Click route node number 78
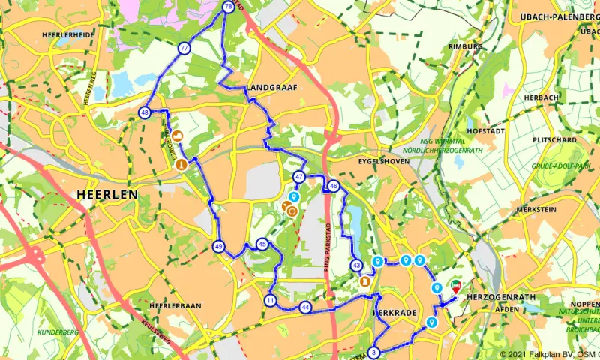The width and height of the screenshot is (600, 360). pyautogui.click(x=228, y=7)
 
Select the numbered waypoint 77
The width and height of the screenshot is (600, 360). pyautogui.click(x=184, y=48)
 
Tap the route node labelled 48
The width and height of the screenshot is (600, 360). pyautogui.click(x=144, y=113)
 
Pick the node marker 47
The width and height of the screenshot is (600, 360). pyautogui.click(x=299, y=178)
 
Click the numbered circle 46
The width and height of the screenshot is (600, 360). pyautogui.click(x=334, y=186)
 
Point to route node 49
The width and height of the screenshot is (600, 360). pyautogui.click(x=218, y=246)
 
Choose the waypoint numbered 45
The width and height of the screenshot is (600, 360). pyautogui.click(x=262, y=244)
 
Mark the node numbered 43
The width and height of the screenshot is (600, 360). pyautogui.click(x=356, y=265)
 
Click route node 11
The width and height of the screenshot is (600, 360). pyautogui.click(x=270, y=301)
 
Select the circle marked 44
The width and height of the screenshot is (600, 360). pyautogui.click(x=305, y=307)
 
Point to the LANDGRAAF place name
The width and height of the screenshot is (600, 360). pyautogui.click(x=271, y=88)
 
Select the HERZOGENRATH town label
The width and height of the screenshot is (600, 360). pyautogui.click(x=499, y=297)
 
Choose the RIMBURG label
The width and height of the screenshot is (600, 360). pyautogui.click(x=465, y=46)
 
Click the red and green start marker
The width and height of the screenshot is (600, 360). pyautogui.click(x=455, y=286)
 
